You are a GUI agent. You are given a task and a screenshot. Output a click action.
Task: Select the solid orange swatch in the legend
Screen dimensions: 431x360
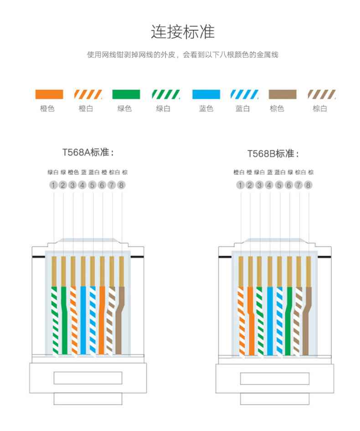[x=49, y=94]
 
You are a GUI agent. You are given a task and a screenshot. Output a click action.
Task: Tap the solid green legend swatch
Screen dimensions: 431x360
[x=126, y=94]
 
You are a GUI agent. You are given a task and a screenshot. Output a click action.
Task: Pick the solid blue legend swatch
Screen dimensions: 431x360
[x=206, y=94]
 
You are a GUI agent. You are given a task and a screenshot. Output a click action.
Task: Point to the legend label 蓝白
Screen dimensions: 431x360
[x=242, y=109]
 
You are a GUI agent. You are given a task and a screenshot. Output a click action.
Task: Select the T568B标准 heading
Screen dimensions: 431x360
[x=274, y=153]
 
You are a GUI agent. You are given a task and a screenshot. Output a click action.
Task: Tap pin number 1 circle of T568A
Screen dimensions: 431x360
[x=53, y=185]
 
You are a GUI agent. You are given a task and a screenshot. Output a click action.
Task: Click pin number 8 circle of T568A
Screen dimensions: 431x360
[x=121, y=185]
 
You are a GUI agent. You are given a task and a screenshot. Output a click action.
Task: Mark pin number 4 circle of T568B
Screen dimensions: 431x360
[x=269, y=185]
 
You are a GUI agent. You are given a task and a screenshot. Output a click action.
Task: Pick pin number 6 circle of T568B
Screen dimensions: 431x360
[x=289, y=185]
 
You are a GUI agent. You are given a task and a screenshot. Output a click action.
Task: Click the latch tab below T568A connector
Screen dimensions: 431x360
[x=88, y=398]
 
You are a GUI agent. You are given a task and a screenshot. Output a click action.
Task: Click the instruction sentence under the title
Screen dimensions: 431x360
[x=182, y=55]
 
